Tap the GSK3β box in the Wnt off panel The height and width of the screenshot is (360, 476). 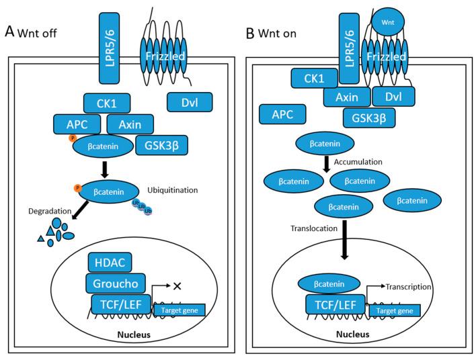(x=159, y=144)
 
